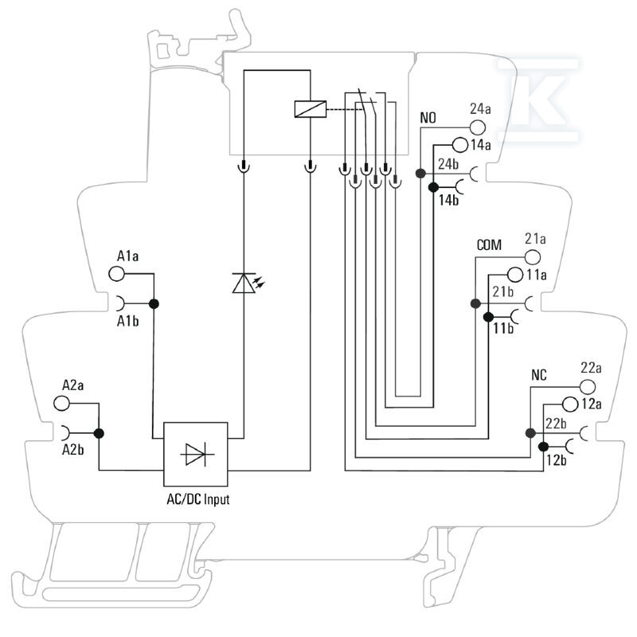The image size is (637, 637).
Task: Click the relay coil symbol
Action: [x=311, y=109]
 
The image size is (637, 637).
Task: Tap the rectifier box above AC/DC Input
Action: [x=195, y=454]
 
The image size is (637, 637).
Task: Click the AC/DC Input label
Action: [x=198, y=499]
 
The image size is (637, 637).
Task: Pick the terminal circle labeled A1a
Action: [x=116, y=273]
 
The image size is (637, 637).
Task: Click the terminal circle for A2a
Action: [x=62, y=404]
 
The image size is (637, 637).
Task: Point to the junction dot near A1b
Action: [x=154, y=303]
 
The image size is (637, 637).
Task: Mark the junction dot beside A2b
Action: [x=99, y=433]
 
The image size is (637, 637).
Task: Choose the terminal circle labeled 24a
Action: [x=478, y=127]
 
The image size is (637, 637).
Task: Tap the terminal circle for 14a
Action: [x=460, y=144]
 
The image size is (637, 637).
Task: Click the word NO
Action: [x=428, y=118]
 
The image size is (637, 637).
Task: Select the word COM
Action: [x=489, y=245]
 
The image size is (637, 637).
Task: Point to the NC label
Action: [x=539, y=375]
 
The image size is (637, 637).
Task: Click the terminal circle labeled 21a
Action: [x=533, y=257]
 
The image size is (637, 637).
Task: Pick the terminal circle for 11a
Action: [x=515, y=275]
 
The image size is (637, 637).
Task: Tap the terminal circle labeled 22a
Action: [x=588, y=387]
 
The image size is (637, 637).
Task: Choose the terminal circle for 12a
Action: [x=570, y=404]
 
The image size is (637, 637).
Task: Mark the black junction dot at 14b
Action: [x=433, y=187]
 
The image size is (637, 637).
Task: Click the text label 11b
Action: [x=503, y=328]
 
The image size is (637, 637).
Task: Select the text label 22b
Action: [x=556, y=424]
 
